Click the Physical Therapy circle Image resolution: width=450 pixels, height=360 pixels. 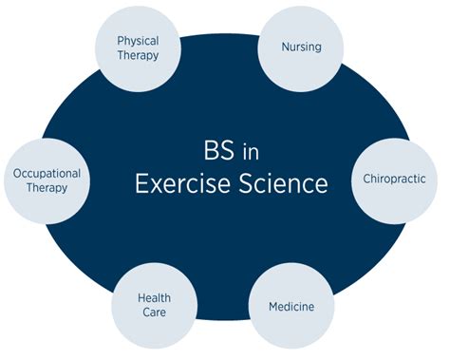(138, 48)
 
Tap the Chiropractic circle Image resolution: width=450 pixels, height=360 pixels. (394, 178)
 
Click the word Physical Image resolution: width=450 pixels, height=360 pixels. (138, 41)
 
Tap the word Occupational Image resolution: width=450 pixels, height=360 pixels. (47, 173)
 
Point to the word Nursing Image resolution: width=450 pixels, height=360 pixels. (299, 46)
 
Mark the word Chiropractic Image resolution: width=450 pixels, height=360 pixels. (395, 178)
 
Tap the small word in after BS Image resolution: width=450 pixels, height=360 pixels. (241, 153)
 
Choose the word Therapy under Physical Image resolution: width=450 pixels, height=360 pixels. (138, 56)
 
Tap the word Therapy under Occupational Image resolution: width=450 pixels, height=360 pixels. (47, 188)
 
